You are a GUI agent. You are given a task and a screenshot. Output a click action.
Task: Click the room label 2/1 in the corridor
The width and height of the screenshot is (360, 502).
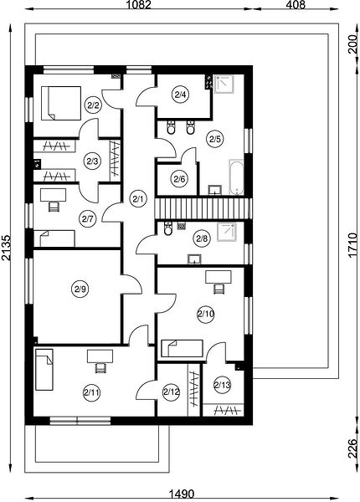point(138,199)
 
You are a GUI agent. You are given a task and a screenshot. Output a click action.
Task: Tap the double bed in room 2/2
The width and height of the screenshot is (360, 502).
point(61,103)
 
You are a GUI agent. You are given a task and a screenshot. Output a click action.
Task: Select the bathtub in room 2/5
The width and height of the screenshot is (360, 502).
point(236,177)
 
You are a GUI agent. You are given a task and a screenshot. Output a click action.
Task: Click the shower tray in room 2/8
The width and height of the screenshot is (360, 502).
point(226,232)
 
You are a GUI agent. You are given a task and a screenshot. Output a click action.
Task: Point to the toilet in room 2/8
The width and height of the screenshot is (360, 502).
point(167,228)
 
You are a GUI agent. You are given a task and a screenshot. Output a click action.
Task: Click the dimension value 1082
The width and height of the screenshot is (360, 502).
point(138,4)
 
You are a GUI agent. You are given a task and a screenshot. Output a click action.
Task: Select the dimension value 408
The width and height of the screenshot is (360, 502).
point(296,4)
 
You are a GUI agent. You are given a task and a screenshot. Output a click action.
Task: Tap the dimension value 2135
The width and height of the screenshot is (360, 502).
point(6,248)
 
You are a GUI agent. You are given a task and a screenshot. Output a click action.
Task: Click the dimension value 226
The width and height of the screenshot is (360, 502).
point(352,448)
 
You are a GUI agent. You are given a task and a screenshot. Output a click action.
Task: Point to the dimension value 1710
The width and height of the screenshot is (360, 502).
point(352,245)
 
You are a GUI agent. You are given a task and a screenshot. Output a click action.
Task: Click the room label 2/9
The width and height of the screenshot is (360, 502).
point(80,289)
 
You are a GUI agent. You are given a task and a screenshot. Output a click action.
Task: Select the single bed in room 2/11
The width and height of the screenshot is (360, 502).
point(44,370)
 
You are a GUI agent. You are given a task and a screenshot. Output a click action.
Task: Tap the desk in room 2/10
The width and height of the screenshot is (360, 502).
point(219,277)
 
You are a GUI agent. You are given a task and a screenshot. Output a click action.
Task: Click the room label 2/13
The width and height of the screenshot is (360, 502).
point(222,385)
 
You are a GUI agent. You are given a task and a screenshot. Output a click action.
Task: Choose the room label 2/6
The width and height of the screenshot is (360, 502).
point(179,179)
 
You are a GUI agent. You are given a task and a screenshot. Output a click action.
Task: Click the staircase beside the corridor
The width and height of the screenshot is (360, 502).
point(203,208)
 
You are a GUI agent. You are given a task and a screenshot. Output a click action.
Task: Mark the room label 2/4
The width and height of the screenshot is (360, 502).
point(180,95)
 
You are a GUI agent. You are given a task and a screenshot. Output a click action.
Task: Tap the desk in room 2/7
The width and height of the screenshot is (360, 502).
point(54,195)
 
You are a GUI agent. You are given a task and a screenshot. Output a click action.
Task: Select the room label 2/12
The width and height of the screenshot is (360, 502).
point(172,392)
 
